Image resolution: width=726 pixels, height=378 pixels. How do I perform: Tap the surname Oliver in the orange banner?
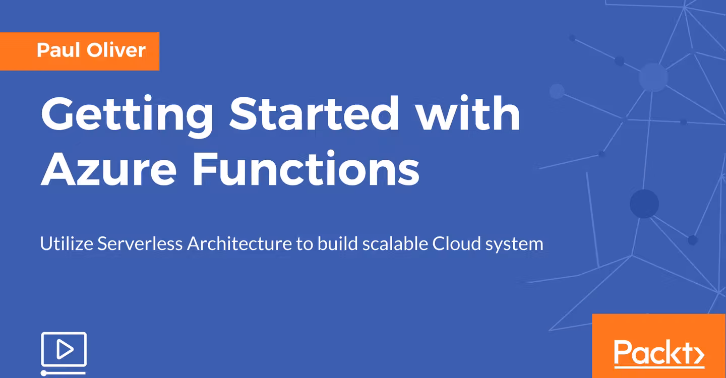coord(116,50)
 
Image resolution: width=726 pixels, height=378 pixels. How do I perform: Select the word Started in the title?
coord(314,113)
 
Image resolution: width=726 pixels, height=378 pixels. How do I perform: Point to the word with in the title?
coord(468,113)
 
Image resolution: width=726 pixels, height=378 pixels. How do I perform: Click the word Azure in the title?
coord(108,169)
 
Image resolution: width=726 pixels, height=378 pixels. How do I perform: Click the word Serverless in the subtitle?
coord(140,243)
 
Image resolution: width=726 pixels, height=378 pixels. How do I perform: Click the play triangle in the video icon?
coord(65,349)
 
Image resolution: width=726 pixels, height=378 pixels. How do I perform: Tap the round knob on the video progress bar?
coord(44,373)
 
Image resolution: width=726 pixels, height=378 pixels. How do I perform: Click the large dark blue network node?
coord(644,204)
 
